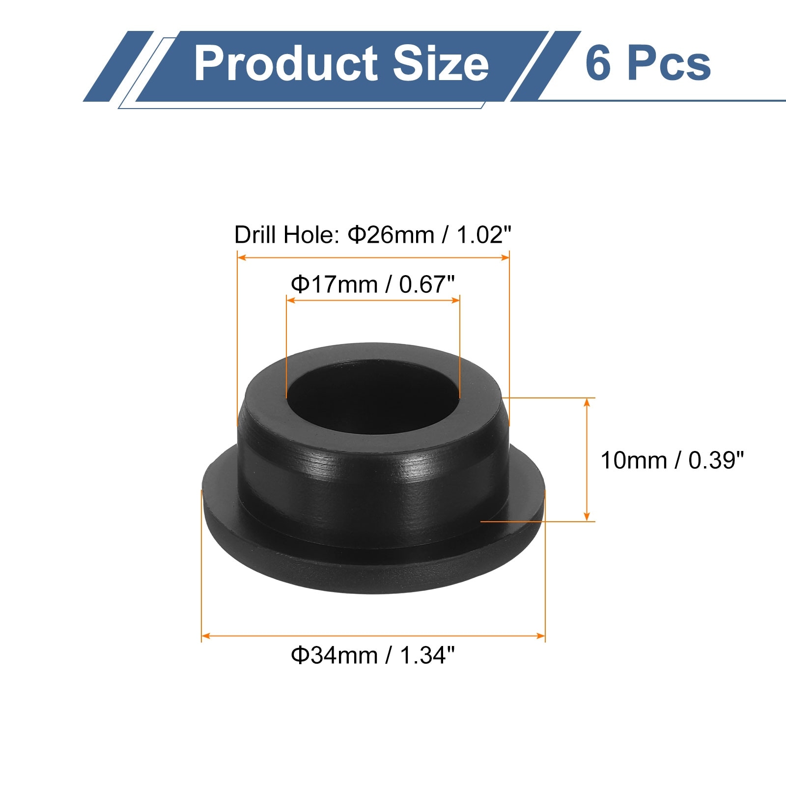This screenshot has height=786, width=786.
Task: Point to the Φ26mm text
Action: click(391, 235)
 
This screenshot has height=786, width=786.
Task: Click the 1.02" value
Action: click(484, 235)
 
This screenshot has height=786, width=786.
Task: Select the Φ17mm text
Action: click(334, 284)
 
